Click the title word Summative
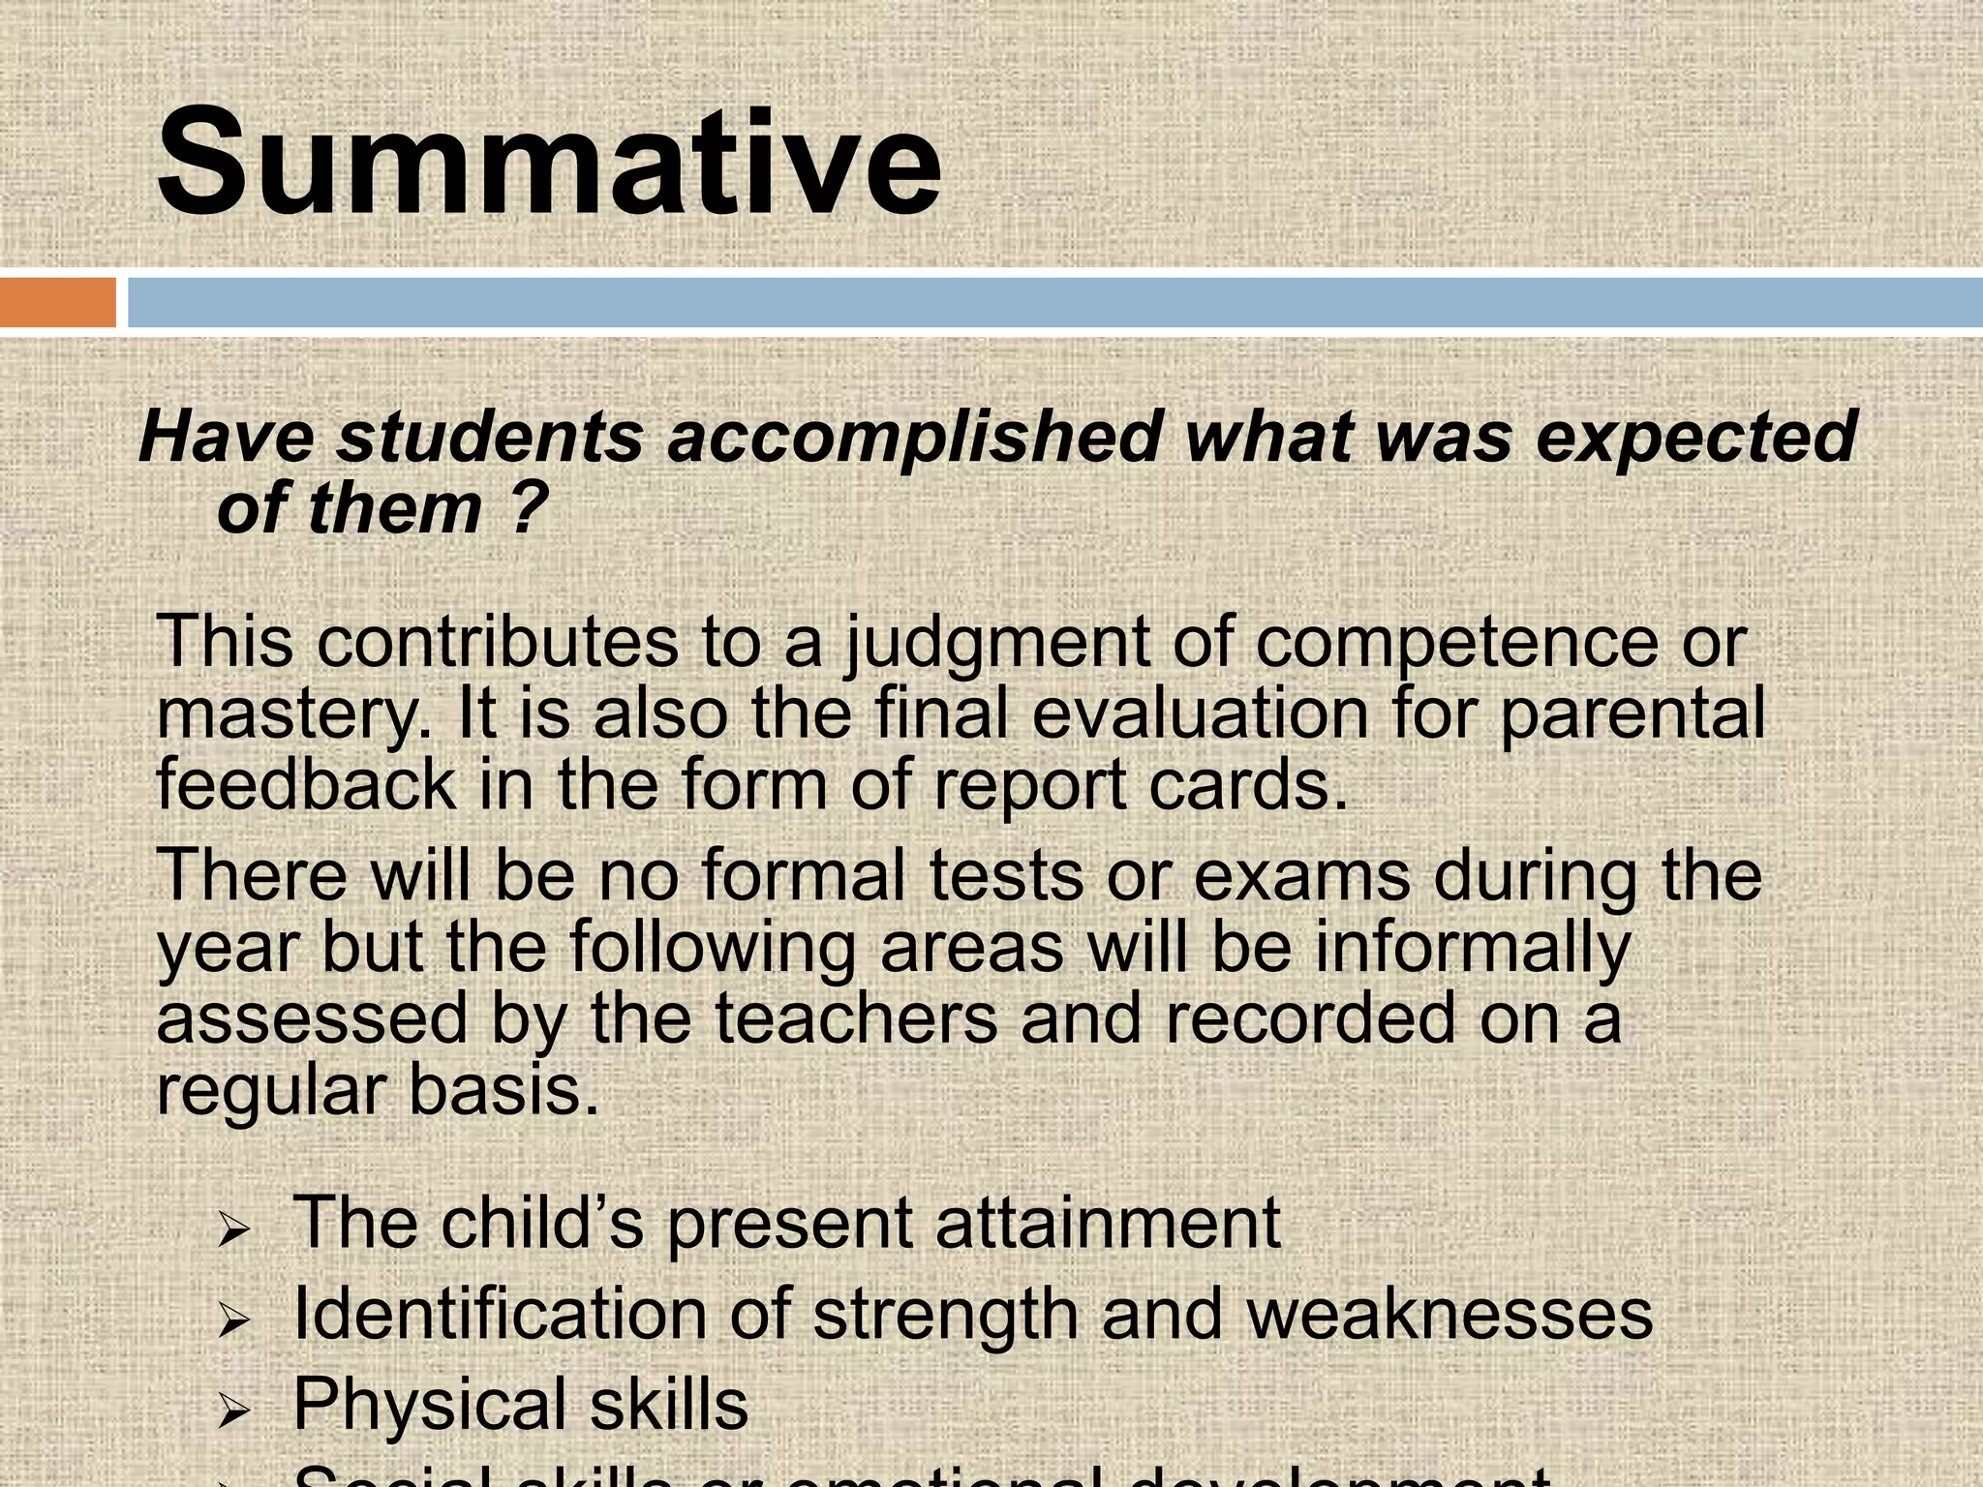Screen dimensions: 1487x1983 tap(548, 163)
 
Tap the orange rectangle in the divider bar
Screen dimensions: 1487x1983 tap(58, 302)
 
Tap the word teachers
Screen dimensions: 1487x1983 tap(856, 1018)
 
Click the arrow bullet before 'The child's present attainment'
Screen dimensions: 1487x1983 tap(234, 1232)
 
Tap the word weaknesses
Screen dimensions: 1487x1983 tap(1449, 1315)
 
